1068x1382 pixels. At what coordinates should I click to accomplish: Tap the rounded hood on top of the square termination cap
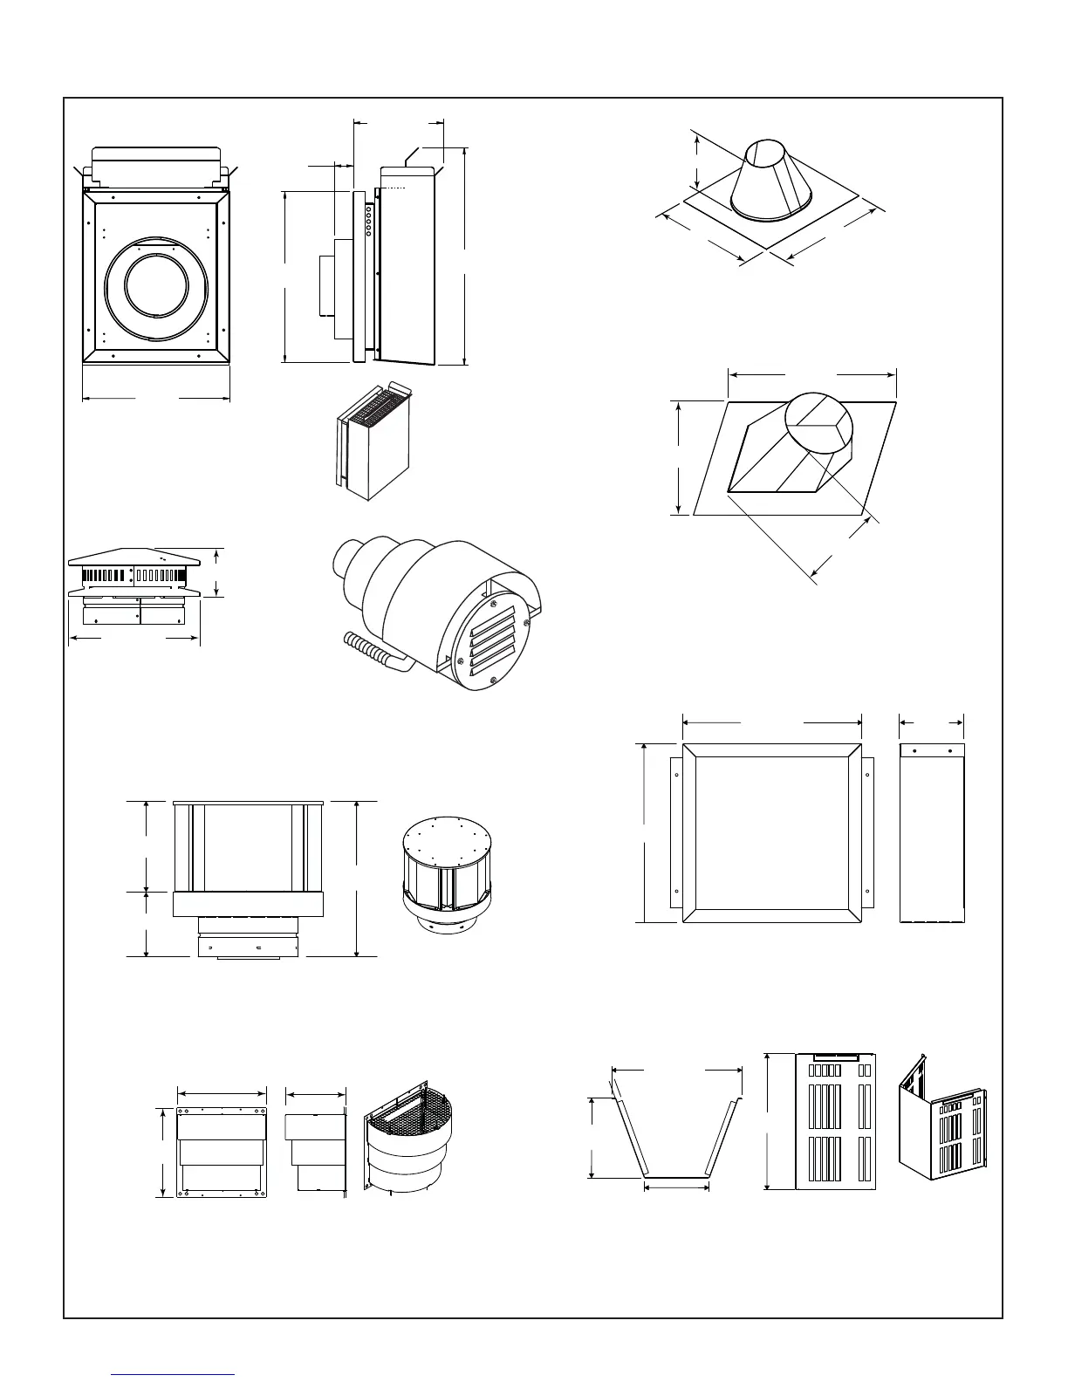tap(155, 166)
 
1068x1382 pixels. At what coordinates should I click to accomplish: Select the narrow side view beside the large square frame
tap(932, 832)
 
